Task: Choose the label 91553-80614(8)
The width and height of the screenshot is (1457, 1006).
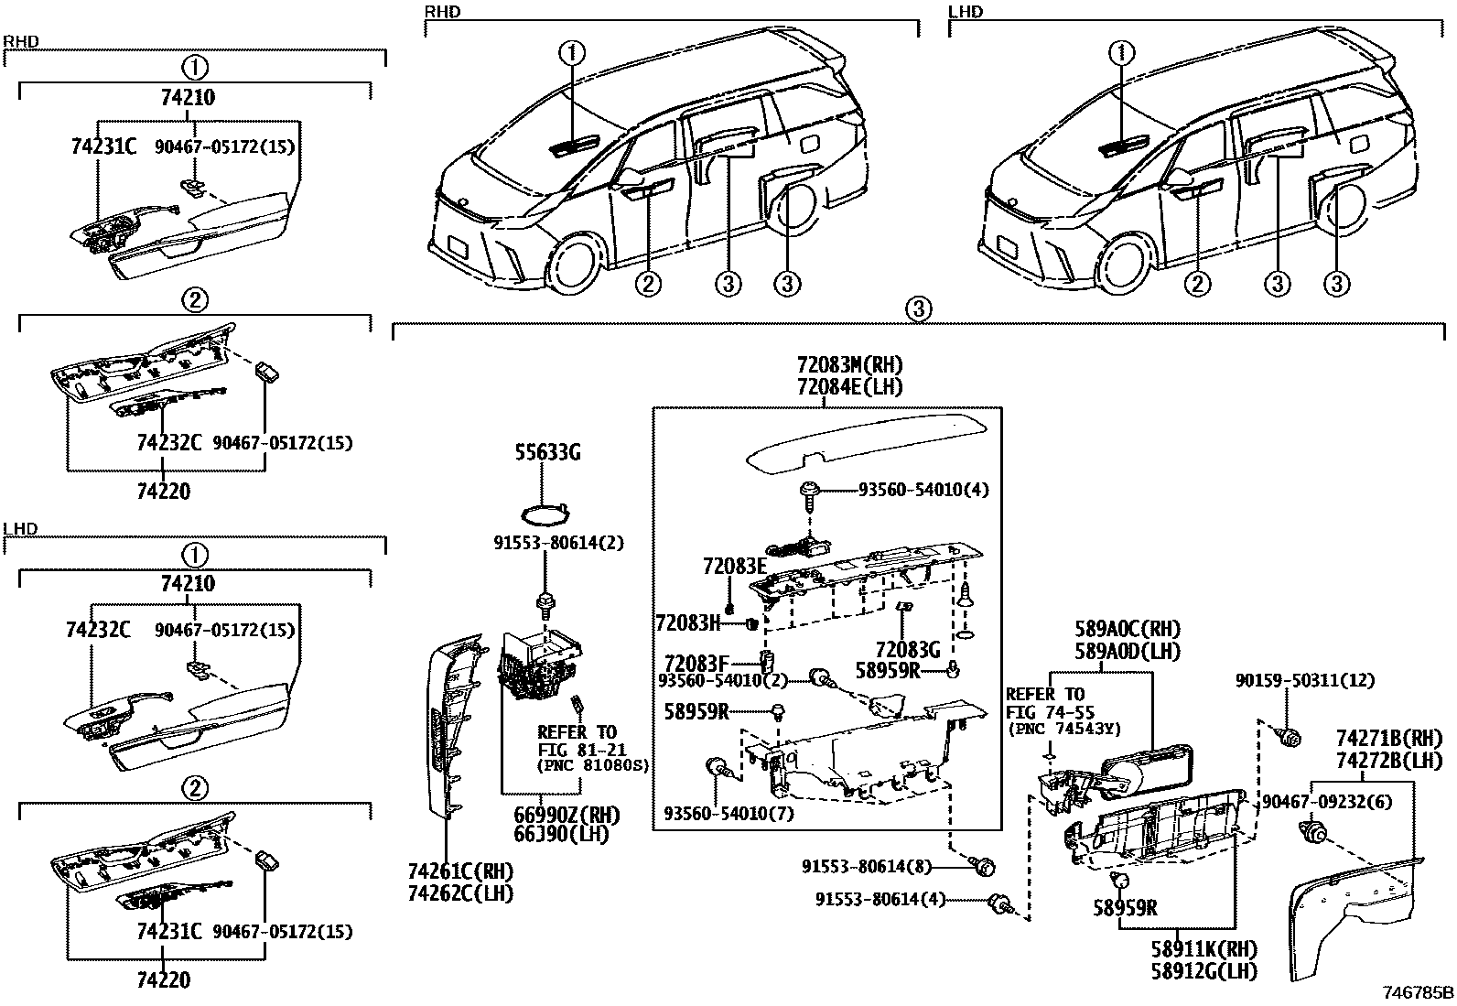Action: [867, 866]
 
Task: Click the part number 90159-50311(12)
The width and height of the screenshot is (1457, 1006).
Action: [1304, 681]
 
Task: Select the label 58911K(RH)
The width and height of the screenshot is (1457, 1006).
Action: [1203, 949]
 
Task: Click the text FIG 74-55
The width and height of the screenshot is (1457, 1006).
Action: [1050, 712]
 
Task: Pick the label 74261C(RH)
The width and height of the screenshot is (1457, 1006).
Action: [459, 871]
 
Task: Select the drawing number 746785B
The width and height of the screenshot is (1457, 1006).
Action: [1418, 993]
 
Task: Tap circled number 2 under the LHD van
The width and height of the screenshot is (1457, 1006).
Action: [1196, 284]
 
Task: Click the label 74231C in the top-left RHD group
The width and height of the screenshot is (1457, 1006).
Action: [103, 146]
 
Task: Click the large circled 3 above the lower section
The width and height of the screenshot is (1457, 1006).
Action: [920, 308]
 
